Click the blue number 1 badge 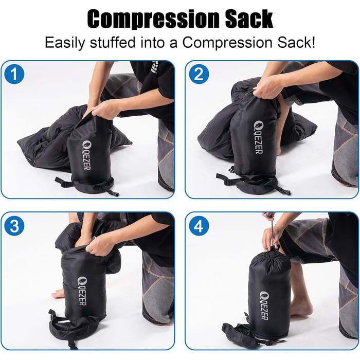click(14, 74)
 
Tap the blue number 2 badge click(199, 74)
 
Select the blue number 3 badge click(14, 226)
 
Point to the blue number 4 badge click(199, 226)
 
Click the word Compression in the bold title click(153, 20)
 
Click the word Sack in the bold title click(249, 19)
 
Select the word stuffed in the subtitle click(112, 42)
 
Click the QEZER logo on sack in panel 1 click(87, 155)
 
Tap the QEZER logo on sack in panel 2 click(259, 137)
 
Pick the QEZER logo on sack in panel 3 click(82, 291)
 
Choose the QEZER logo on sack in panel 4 click(264, 305)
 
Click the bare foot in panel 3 click(57, 294)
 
